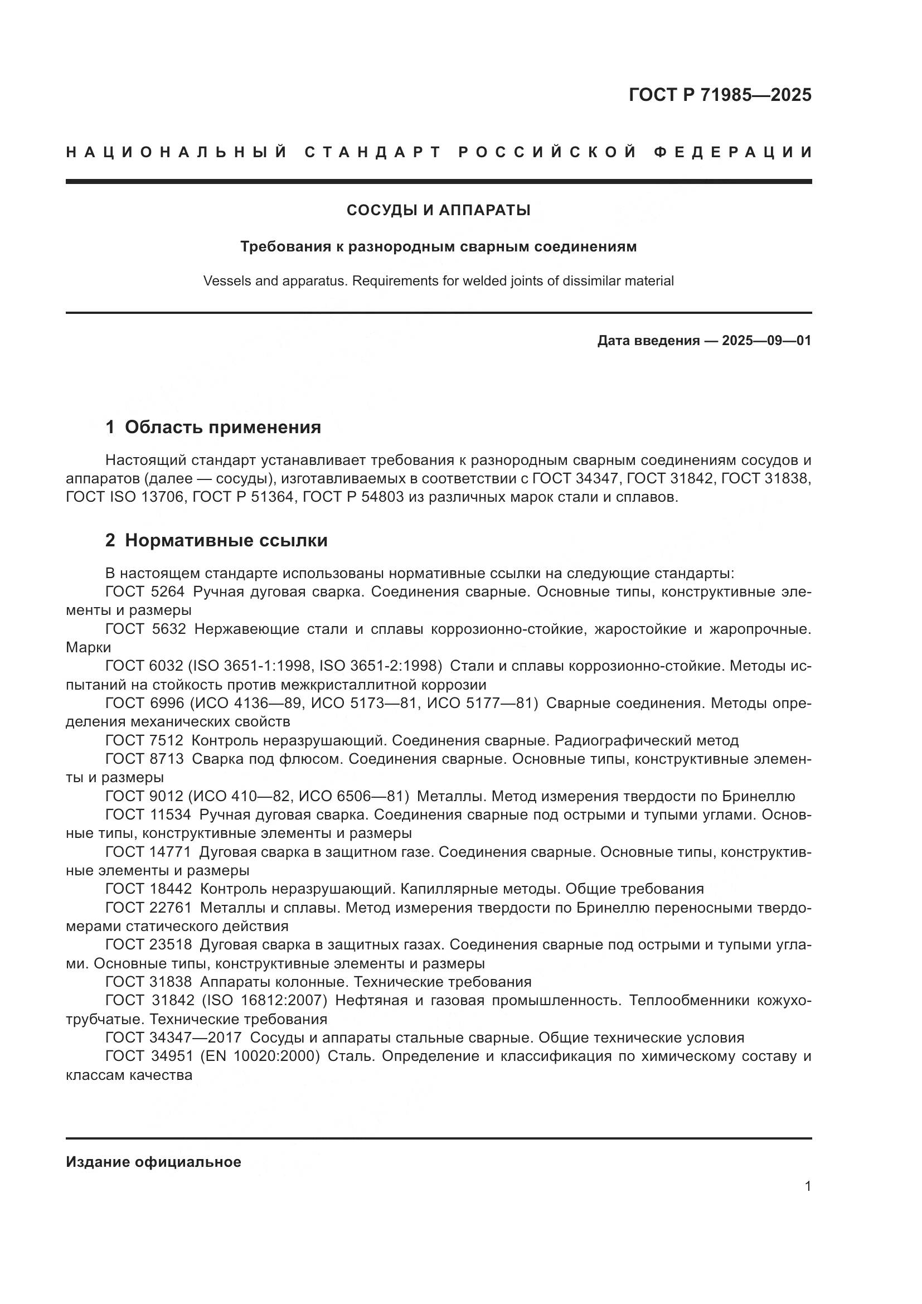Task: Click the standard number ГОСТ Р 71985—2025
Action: tap(720, 95)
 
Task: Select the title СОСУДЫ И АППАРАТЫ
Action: tap(438, 210)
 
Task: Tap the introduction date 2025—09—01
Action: tap(766, 341)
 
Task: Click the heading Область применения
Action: tap(222, 427)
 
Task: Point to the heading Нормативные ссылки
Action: tap(226, 540)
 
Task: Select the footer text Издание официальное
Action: tap(153, 1162)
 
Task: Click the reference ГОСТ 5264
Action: tap(145, 592)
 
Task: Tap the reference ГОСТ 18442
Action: tap(149, 889)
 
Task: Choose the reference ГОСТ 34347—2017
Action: tap(173, 1038)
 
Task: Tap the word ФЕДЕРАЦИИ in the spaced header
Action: tap(732, 152)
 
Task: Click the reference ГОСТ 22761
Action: tap(149, 908)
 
